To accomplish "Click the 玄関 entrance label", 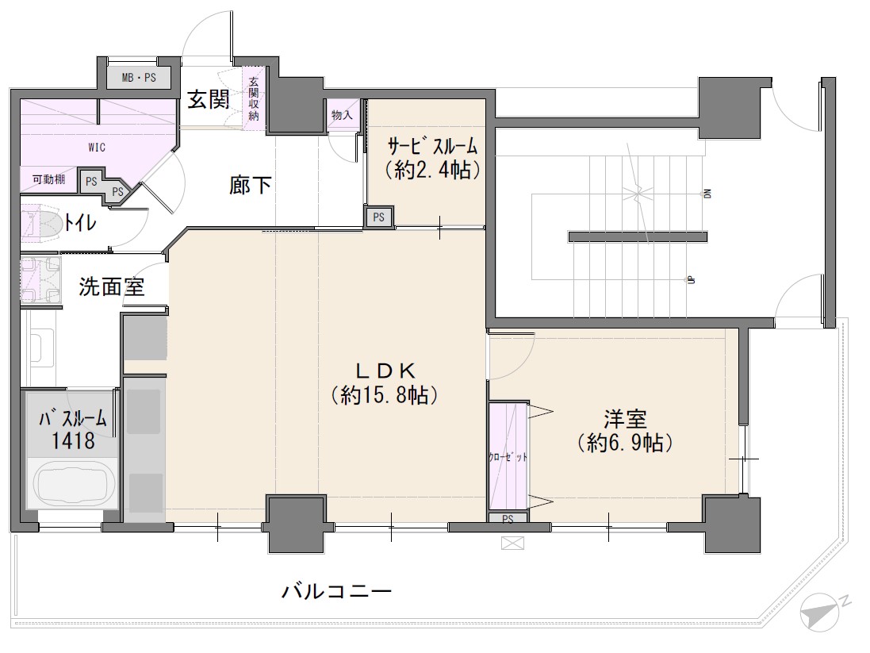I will tap(209, 99).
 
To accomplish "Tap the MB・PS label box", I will tap(139, 78).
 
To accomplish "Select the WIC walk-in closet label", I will tap(97, 147).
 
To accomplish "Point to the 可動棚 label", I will tap(48, 179).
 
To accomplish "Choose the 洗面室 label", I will tap(112, 286).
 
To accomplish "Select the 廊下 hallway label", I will tap(251, 185).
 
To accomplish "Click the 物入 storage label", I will tap(342, 115).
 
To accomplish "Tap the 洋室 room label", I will tap(624, 419).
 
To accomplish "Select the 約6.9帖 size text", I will tap(624, 443).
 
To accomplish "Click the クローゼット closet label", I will tap(507, 458).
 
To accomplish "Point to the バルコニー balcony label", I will tap(336, 591).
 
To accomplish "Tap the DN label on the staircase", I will tap(707, 193).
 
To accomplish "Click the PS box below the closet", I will tap(508, 520).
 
